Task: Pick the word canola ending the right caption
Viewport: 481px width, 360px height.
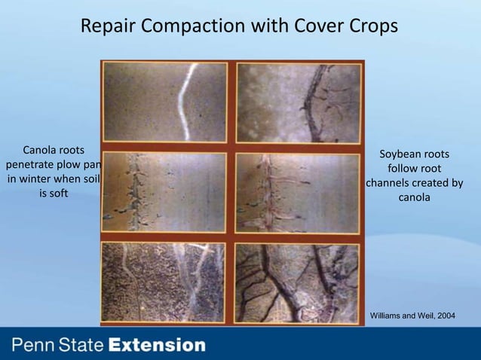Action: point(414,197)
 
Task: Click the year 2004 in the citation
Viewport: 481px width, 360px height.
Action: point(444,315)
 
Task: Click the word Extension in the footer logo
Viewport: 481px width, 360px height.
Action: point(157,346)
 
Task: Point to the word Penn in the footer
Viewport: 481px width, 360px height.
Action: point(32,346)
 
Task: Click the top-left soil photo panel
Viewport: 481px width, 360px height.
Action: point(164,102)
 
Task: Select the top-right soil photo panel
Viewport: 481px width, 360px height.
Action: point(299,102)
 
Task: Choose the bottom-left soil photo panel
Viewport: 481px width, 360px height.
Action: point(164,281)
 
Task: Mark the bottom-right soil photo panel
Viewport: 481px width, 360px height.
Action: point(299,281)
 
